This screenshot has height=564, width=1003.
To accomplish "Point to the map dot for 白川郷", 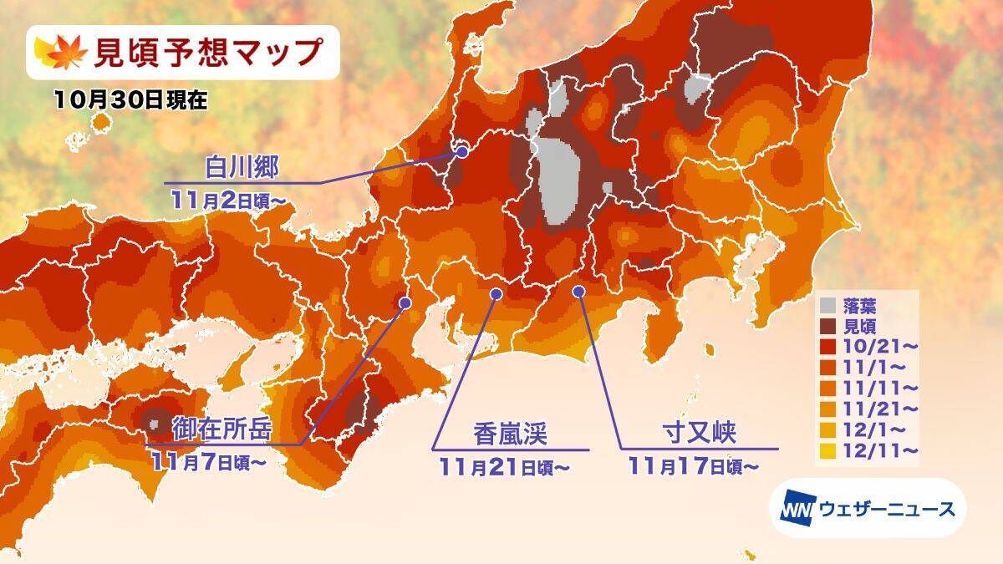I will click(x=462, y=152).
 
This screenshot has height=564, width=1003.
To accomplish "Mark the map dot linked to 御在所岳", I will click(x=405, y=302).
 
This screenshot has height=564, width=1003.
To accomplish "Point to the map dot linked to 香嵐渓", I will click(x=496, y=293).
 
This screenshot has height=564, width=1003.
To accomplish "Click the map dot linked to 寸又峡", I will click(x=578, y=290).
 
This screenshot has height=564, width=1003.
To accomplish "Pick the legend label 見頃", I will click(x=862, y=325).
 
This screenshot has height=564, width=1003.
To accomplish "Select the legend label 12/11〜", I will click(x=879, y=450).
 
